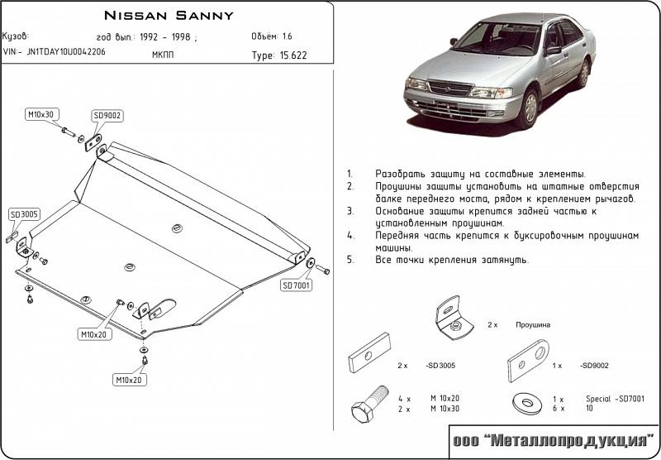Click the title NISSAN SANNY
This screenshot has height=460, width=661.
click(x=169, y=15)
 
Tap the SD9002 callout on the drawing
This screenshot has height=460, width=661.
click(x=107, y=117)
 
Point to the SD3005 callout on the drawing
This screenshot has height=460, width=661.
click(x=24, y=214)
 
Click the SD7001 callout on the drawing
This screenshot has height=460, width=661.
click(x=295, y=285)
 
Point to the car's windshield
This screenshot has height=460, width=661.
click(x=499, y=39)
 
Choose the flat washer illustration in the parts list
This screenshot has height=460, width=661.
click(x=525, y=404)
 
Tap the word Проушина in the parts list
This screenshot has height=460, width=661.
click(x=532, y=325)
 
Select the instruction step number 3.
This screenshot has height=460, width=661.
click(x=350, y=212)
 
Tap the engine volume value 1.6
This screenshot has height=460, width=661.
click(x=287, y=37)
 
